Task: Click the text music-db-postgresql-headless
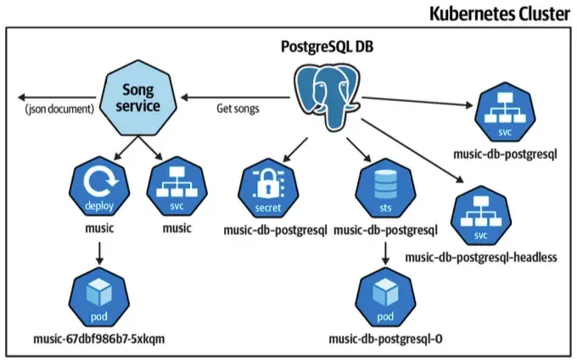(x=481, y=256)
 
